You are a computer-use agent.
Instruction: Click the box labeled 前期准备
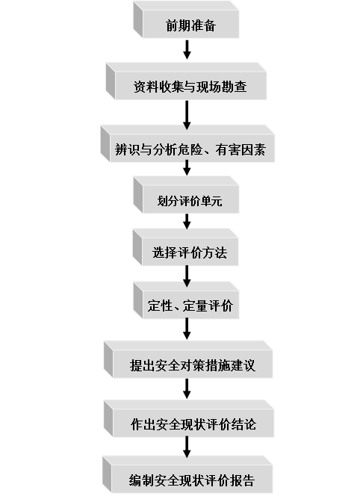(x=186, y=19)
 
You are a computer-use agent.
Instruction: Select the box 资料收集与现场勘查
(x=186, y=81)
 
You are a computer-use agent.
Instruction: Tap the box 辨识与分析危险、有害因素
(x=187, y=144)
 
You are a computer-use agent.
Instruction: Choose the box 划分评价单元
(x=186, y=195)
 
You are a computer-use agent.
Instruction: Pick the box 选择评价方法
(x=185, y=247)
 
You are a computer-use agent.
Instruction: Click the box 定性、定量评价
(x=186, y=300)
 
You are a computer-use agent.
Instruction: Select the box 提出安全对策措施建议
(x=188, y=359)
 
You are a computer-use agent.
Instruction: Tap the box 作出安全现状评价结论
(x=189, y=419)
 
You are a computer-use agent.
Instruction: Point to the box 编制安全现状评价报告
(x=187, y=474)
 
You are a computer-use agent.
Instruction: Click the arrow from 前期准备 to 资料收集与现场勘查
(x=187, y=49)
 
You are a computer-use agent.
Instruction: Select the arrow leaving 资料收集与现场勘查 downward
(x=187, y=115)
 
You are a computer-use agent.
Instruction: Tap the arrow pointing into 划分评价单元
(x=187, y=168)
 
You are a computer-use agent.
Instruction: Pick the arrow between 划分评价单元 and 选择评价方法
(x=187, y=222)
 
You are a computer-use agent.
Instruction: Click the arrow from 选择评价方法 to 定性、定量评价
(x=187, y=276)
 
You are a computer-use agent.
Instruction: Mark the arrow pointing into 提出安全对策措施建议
(x=187, y=329)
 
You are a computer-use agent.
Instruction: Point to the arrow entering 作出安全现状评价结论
(x=187, y=388)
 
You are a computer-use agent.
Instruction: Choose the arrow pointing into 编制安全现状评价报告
(x=187, y=447)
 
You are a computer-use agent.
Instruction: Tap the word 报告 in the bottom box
(x=243, y=480)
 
